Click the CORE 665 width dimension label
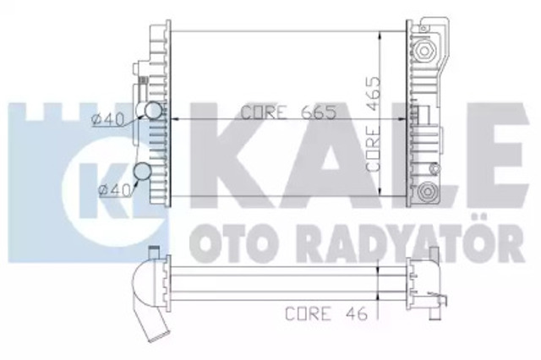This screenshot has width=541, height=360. tap(288, 112)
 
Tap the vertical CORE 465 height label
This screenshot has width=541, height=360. tap(374, 123)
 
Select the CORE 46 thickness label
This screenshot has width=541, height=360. tap(326, 314)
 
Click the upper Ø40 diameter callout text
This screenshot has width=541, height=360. tap(107, 120)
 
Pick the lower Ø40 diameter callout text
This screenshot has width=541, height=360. tap(114, 190)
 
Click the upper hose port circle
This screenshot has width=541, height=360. tap(152, 111)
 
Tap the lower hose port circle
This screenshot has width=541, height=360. tap(143, 172)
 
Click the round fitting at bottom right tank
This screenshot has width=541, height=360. tap(427, 191)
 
